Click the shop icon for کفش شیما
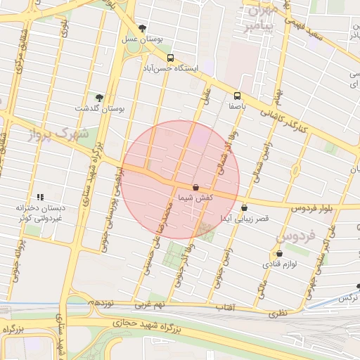(195, 187)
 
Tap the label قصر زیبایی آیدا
(244, 219)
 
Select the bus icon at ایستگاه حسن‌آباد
(170, 58)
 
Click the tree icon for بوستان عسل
(143, 29)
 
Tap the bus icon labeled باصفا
(236, 96)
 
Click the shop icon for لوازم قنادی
(280, 253)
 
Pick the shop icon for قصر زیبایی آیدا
(244, 207)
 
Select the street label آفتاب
(224, 308)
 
